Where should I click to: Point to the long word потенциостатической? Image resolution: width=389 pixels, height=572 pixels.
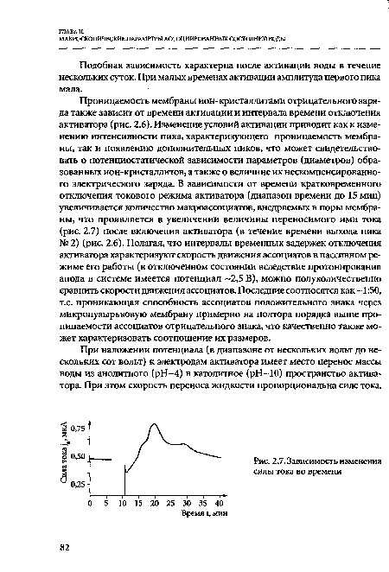pyautogui.click(x=162, y=160)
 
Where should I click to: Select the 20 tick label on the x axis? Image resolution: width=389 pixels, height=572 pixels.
pyautogui.click(x=154, y=501)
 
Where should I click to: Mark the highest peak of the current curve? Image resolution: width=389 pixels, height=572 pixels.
pyautogui.click(x=153, y=424)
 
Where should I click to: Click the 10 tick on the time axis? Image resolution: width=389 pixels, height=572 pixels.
pyautogui.click(x=122, y=501)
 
